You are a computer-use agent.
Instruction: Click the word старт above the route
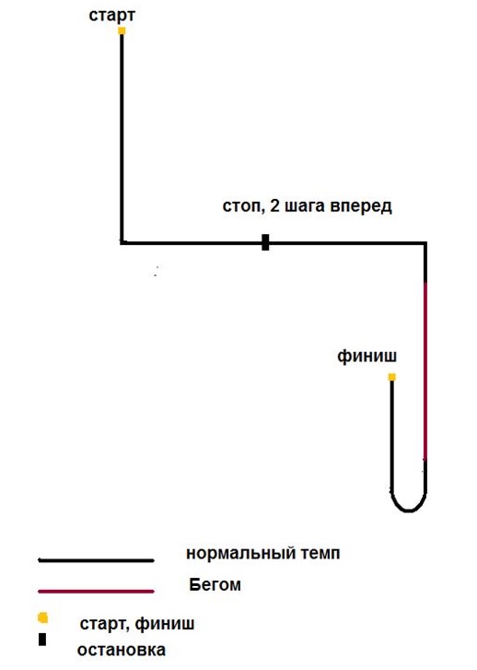[112, 16]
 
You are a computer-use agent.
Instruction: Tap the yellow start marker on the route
[122, 30]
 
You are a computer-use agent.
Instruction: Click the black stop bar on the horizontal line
[265, 242]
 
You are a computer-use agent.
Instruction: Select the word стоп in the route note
[241, 206]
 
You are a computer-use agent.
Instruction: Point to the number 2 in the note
[274, 206]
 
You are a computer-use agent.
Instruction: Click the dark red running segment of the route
[425, 370]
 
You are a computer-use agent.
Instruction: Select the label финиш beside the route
[366, 356]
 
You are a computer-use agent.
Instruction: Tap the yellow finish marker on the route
[392, 377]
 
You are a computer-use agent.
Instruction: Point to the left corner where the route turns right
[122, 243]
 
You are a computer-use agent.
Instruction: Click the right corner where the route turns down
[425, 243]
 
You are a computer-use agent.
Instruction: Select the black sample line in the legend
[96, 560]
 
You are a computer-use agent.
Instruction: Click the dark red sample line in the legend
[96, 592]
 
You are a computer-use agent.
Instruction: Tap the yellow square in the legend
[42, 617]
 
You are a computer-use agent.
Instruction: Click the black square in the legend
[42, 640]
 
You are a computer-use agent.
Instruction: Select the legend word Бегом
[215, 584]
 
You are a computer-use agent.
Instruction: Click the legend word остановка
[122, 650]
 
